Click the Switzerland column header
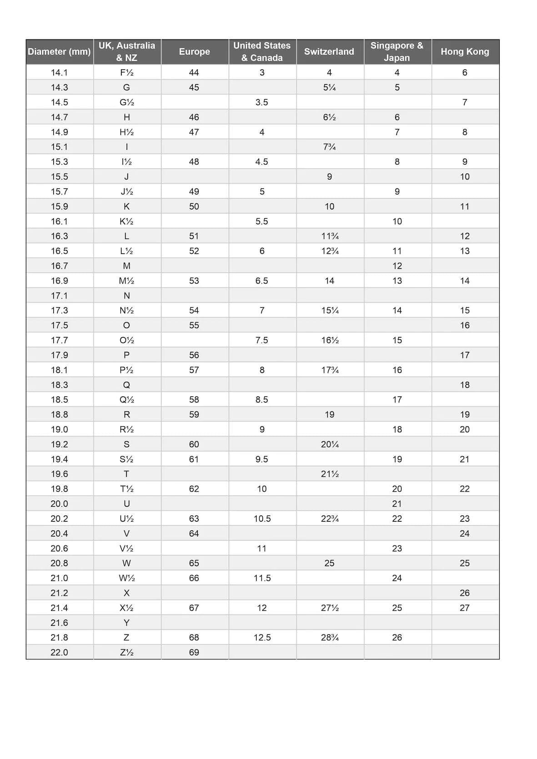coord(329,51)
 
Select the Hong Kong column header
coord(465,51)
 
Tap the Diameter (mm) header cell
coord(59,51)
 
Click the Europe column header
coord(194,51)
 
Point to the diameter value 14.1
coord(59,72)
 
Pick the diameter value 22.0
coord(59,652)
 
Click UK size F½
coord(126,72)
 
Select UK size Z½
coord(126,652)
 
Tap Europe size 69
coord(194,652)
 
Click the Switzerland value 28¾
coord(330,637)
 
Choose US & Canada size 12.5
coord(262,637)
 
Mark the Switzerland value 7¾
coord(329,147)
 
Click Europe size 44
coord(194,72)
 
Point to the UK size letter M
coord(126,266)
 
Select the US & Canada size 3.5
coord(262,102)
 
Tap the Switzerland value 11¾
coord(330,236)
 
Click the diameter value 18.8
coord(59,414)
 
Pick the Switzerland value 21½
coord(330,474)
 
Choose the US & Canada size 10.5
coord(262,519)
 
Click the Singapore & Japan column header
coord(397,51)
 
